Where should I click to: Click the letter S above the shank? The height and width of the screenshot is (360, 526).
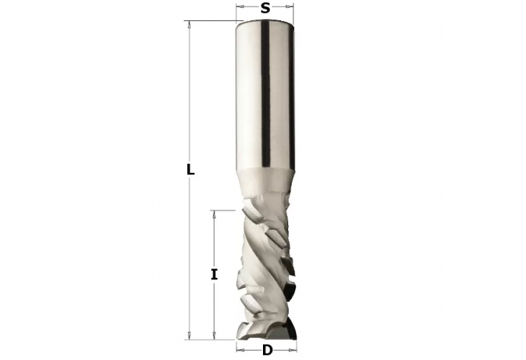(265, 9)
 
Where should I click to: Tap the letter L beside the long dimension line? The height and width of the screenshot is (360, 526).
(190, 171)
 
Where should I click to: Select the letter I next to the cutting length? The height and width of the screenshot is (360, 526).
(214, 274)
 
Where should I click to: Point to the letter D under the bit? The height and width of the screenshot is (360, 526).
(267, 351)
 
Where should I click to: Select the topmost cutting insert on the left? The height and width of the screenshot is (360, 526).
(252, 214)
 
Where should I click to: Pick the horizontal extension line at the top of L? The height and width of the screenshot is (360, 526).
(213, 21)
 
